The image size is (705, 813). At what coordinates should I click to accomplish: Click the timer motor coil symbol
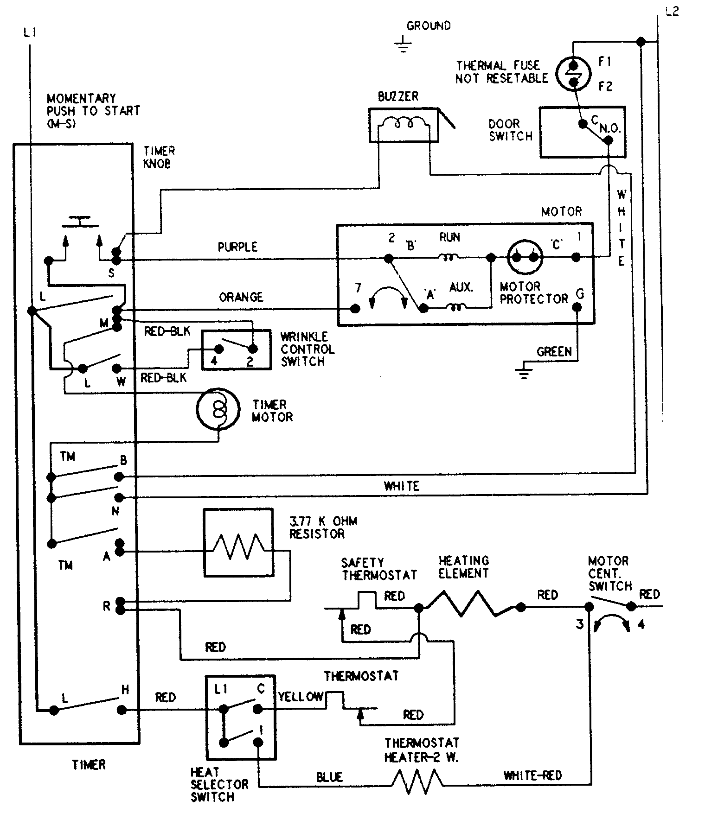point(218,409)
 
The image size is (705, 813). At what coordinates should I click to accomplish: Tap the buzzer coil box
point(404,125)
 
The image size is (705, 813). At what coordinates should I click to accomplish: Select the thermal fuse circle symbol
point(574,74)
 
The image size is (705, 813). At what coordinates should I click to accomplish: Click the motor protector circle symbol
point(525,257)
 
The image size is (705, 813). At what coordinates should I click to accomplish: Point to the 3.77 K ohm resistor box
point(238,542)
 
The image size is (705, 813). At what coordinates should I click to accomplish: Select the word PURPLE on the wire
point(237,247)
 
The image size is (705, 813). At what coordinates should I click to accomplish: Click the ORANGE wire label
point(241,297)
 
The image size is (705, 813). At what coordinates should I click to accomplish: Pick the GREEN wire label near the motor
point(554,352)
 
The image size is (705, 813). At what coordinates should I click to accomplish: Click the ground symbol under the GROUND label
point(403,45)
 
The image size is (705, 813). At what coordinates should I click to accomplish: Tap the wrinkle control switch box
point(236,349)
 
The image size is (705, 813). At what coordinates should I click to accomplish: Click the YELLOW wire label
point(301,697)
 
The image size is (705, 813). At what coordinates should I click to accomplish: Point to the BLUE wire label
point(329,776)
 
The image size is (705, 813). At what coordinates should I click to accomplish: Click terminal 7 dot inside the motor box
point(356,308)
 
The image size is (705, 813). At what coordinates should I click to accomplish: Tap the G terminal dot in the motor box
point(577,307)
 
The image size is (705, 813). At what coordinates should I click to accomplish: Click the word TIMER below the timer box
point(89,764)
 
